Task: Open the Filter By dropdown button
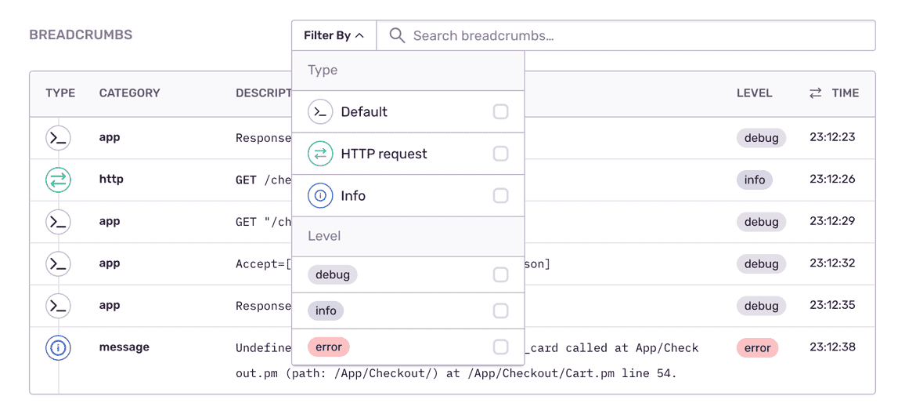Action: coord(334,36)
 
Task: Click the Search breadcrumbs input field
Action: coord(626,36)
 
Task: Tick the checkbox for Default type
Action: coord(500,111)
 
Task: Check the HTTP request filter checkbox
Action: coord(500,154)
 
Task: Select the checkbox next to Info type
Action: coord(500,196)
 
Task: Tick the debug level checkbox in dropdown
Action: coord(500,274)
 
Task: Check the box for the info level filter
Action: coord(500,311)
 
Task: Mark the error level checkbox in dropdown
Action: coord(500,347)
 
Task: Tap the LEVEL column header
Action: coord(755,93)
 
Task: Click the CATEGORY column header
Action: coord(129,93)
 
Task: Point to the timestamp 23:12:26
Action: coord(831,180)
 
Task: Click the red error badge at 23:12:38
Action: coord(757,348)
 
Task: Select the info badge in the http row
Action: coord(755,180)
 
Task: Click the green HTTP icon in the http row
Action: coord(58,180)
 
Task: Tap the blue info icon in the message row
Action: coord(58,348)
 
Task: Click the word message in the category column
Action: coord(124,347)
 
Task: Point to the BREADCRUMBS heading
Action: coord(81,34)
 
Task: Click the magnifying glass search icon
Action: coord(397,36)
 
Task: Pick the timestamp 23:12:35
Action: coord(831,305)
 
